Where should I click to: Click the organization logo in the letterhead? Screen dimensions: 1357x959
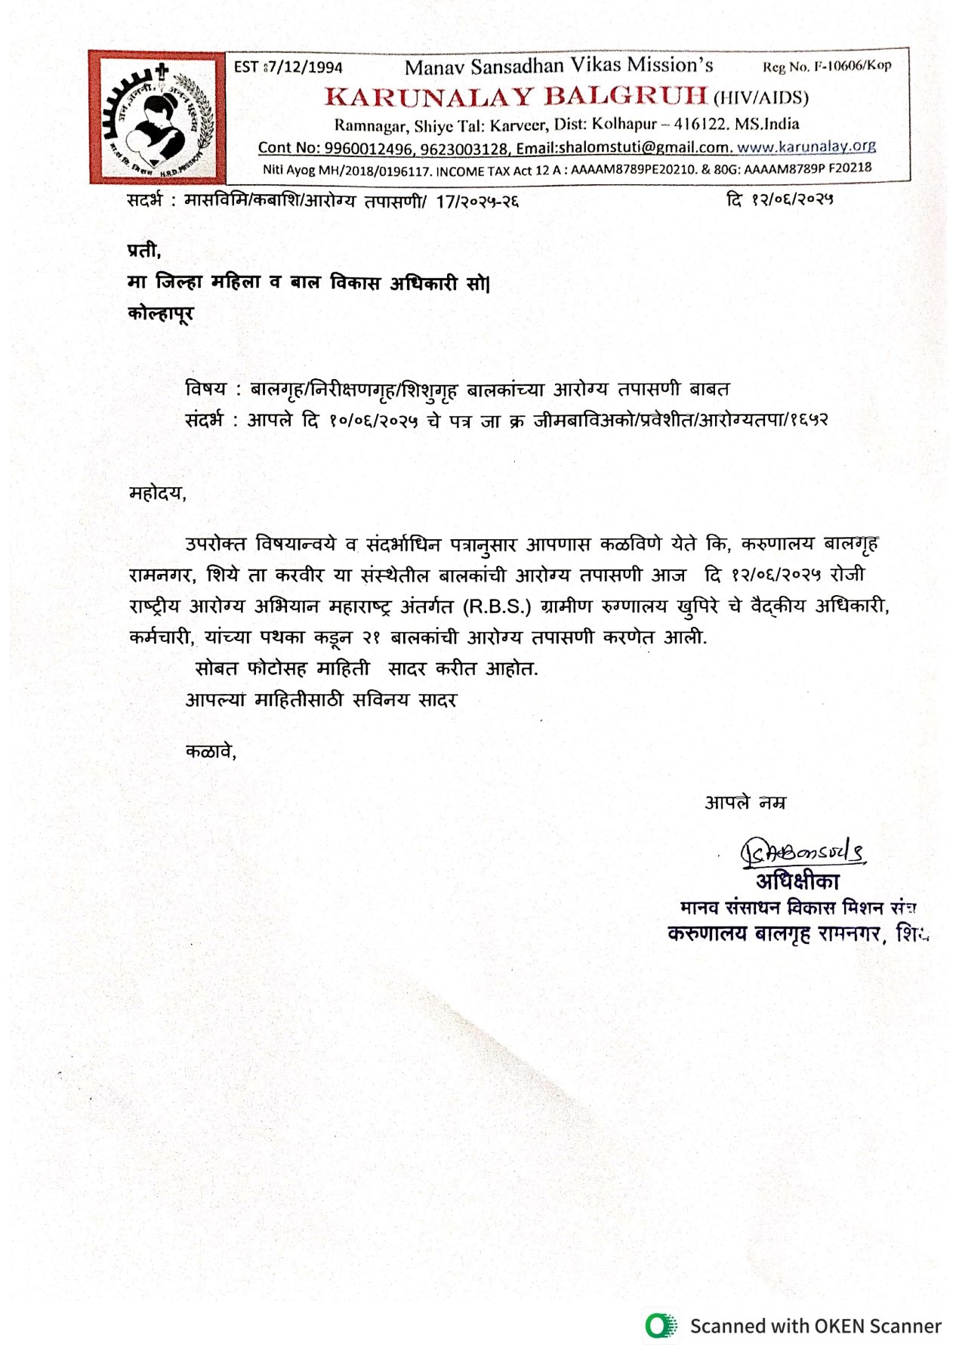157,117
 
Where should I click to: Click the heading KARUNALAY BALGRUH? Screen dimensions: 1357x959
516,97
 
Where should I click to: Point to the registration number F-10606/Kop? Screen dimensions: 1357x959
849,66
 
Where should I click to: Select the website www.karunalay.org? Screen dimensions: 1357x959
806,146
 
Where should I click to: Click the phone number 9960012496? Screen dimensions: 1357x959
369,148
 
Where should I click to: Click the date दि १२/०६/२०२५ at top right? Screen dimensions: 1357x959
779,200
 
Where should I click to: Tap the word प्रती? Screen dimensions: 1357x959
143,250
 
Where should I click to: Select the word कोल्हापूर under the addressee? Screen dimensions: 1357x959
161,313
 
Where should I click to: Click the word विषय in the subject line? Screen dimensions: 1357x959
205,390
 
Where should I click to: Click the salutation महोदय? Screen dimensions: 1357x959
157,494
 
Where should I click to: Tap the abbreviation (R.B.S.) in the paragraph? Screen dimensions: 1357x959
496,606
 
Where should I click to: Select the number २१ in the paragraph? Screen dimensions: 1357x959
370,638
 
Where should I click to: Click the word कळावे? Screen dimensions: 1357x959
211,751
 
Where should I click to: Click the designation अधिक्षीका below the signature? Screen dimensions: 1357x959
797,881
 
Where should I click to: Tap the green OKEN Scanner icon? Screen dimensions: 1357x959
661,1326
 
